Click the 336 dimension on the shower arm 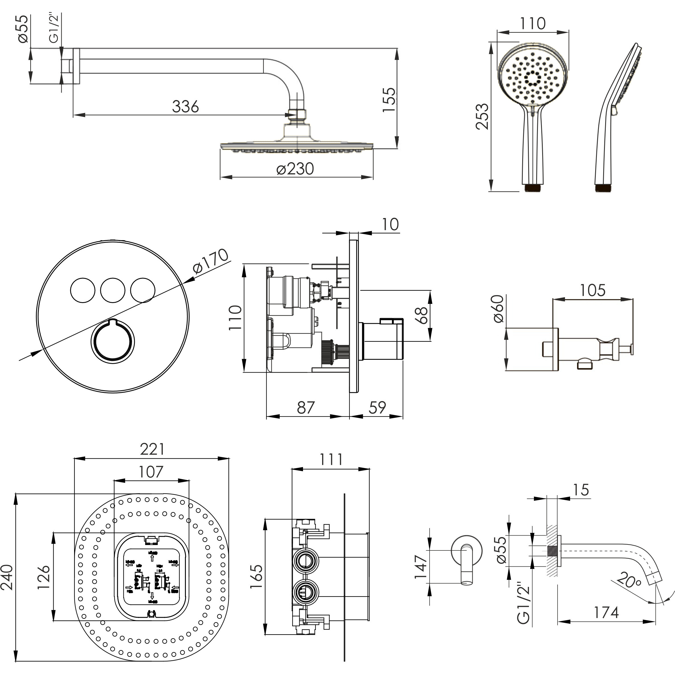click(185, 106)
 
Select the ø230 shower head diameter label click(295, 169)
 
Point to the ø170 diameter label click(210, 262)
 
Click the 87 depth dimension click(306, 407)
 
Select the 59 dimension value click(377, 407)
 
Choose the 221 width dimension click(152, 449)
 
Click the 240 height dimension click(8, 577)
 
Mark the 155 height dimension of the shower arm click(389, 99)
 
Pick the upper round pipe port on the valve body click(305, 560)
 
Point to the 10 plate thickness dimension click(390, 224)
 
